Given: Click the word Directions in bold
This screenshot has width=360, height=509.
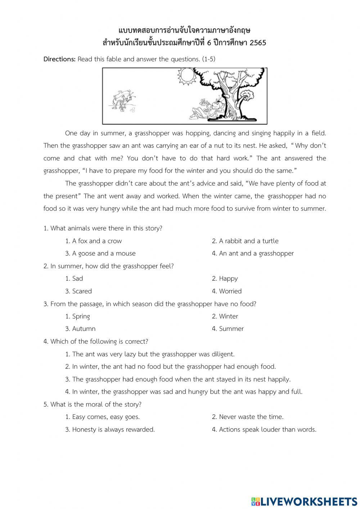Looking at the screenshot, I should [59, 59].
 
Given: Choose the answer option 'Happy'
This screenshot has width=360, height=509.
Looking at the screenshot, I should [228, 278].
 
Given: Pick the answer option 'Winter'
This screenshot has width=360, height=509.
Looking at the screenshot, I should [228, 316].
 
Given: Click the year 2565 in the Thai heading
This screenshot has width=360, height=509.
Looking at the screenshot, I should [258, 43].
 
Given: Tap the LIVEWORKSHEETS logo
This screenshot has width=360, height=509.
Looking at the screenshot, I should [304, 501].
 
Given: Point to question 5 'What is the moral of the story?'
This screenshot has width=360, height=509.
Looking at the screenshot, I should [93, 404].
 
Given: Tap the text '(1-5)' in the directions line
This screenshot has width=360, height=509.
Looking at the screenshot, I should [208, 59].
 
